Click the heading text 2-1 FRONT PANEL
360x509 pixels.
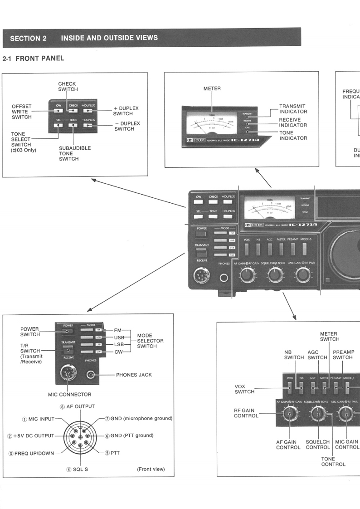(33, 59)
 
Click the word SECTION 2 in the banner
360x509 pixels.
(28, 38)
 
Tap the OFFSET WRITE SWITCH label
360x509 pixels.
(22, 112)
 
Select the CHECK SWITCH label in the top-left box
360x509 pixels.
(67, 87)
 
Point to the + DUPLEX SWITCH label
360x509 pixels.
(126, 111)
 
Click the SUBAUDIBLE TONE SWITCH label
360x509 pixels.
(75, 153)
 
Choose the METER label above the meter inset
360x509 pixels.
(212, 88)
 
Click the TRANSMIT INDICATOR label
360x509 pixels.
(293, 109)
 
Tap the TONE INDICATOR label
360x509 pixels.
(293, 136)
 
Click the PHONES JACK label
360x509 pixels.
(134, 375)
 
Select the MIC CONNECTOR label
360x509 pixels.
(69, 395)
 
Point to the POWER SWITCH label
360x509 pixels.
(29, 332)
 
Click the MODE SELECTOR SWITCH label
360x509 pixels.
(150, 341)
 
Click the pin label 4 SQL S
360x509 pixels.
(77, 469)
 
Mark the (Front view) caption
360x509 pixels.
(151, 469)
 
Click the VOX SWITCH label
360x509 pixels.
(244, 389)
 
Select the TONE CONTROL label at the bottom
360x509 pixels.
(333, 461)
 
